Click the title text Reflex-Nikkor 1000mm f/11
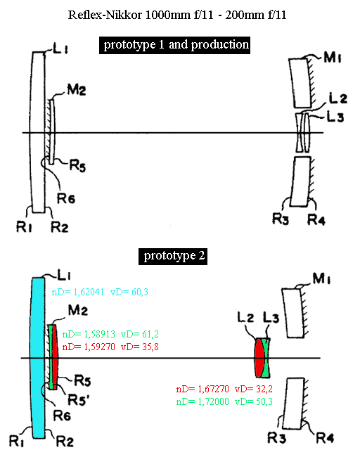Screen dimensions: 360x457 pos(141,15)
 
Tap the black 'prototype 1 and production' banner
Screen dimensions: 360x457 pos(174,45)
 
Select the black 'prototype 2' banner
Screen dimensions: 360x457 pos(173,257)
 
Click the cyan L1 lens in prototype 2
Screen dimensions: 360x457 pos(38,358)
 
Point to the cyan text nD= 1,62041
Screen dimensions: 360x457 pos(78,292)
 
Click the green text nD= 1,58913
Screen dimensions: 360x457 pos(89,334)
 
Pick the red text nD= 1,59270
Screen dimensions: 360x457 pos(89,347)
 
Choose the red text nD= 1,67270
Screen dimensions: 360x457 pos(202,389)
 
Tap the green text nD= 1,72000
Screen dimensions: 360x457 pos(202,401)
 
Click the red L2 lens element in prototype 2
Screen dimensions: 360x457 pos(259,358)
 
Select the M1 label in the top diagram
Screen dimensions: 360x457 pos(332,58)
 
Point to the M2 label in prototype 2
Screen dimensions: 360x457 pos(77,310)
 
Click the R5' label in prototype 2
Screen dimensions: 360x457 pos(78,399)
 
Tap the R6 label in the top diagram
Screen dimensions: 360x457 pos(65,198)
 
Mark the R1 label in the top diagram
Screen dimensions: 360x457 pos(24,227)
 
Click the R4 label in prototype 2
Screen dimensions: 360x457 pos(325,437)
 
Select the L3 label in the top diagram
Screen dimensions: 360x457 pos(335,117)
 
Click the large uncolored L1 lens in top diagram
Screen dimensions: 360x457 pos(38,133)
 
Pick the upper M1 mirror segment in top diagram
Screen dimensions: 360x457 pos(300,83)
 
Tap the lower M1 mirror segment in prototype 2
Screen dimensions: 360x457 pos(295,404)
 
